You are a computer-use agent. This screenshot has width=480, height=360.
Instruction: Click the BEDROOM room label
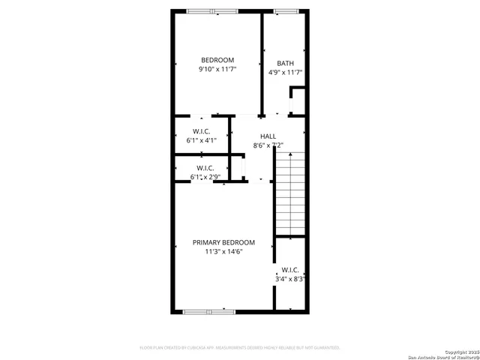click(x=217, y=60)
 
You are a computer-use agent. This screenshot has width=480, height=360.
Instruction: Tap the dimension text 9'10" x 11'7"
click(x=217, y=70)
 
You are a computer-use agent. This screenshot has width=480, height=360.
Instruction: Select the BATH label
click(x=285, y=64)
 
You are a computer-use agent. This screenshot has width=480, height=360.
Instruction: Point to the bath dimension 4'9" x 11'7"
click(x=285, y=73)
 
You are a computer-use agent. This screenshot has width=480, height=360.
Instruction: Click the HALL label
click(x=268, y=136)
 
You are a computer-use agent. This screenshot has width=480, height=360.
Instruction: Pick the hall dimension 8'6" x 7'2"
click(x=268, y=145)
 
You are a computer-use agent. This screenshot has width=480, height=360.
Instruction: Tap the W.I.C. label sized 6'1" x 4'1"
click(x=201, y=130)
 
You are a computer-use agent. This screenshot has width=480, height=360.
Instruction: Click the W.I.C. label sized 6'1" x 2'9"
click(x=205, y=168)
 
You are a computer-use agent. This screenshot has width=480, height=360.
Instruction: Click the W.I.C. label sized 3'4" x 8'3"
click(x=289, y=270)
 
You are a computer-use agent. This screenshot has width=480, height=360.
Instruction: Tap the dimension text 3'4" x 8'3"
click(x=289, y=279)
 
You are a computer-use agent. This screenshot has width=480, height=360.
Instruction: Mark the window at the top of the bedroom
click(x=212, y=10)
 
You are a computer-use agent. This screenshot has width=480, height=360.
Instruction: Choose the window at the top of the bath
click(x=286, y=10)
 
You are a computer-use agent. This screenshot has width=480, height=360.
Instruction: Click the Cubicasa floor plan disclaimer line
click(x=240, y=348)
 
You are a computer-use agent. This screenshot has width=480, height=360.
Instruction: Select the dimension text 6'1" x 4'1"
click(x=201, y=140)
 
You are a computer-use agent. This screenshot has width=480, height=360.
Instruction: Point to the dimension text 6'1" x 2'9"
click(x=205, y=178)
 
